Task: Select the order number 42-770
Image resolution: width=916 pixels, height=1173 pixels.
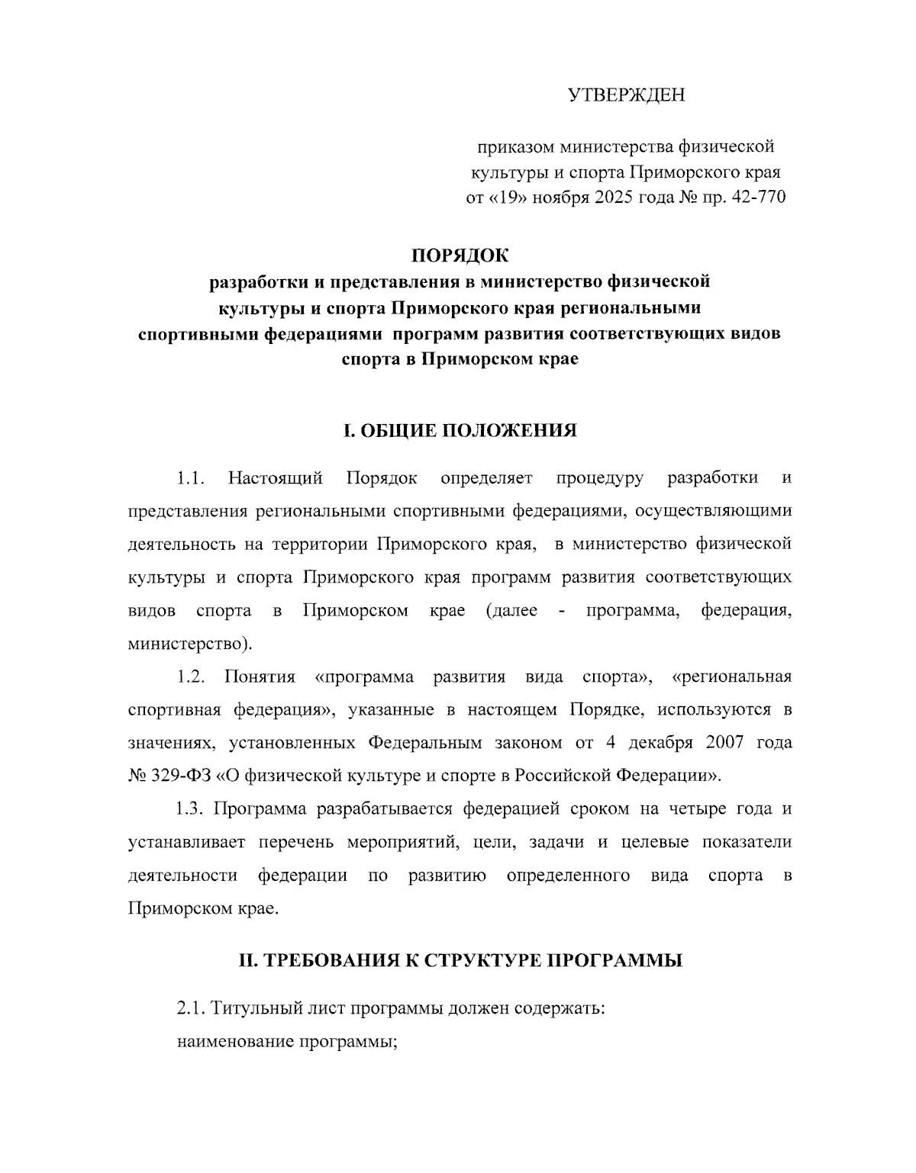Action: tap(757, 198)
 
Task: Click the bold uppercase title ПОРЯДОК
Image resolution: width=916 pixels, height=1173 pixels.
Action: tap(460, 254)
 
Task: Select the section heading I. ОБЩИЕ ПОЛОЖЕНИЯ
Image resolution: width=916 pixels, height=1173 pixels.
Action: tap(460, 431)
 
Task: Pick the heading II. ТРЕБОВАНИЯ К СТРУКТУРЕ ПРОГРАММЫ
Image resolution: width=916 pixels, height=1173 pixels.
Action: tap(460, 960)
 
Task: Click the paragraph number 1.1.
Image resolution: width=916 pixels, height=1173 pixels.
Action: tap(192, 478)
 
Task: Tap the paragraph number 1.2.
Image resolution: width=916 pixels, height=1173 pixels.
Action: tap(192, 676)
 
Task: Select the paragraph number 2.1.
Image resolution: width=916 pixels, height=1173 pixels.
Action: tap(192, 1008)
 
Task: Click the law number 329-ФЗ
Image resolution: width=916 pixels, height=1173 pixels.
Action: tap(181, 776)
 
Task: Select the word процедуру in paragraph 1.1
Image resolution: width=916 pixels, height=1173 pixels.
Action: tap(599, 478)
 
